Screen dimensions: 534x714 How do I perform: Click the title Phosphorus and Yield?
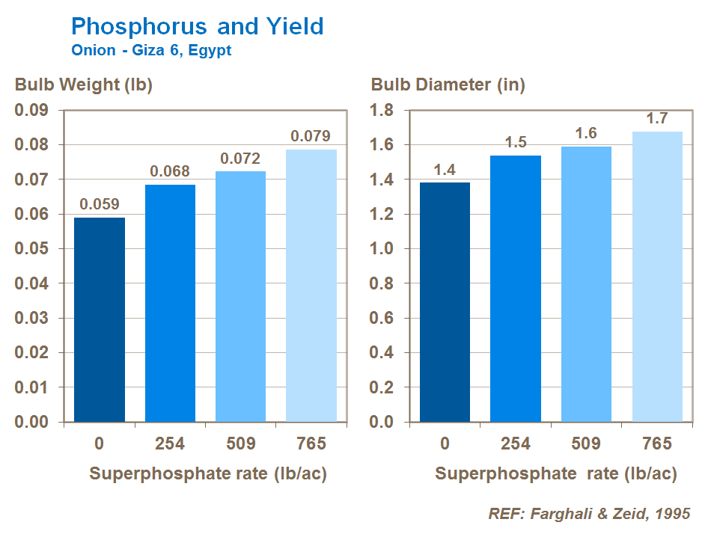[197, 27]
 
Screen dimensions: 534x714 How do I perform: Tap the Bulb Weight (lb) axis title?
[84, 85]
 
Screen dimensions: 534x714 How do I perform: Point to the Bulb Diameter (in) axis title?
[448, 85]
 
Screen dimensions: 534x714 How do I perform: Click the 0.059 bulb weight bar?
[100, 319]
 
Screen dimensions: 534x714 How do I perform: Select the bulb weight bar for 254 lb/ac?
[170, 303]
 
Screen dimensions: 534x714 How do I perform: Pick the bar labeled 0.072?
[240, 296]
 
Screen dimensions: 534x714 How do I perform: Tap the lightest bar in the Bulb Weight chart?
[311, 285]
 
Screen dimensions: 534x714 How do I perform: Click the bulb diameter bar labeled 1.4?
[445, 302]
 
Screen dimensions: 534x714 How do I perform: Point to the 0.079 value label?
[311, 137]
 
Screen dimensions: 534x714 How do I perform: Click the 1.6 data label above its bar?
[586, 133]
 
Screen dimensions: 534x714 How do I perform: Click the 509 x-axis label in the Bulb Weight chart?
[240, 444]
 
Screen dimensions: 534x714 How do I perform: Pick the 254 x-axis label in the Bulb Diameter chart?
[516, 444]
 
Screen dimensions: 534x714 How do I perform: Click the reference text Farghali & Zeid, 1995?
[589, 514]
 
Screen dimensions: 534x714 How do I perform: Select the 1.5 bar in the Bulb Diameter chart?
[516, 288]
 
